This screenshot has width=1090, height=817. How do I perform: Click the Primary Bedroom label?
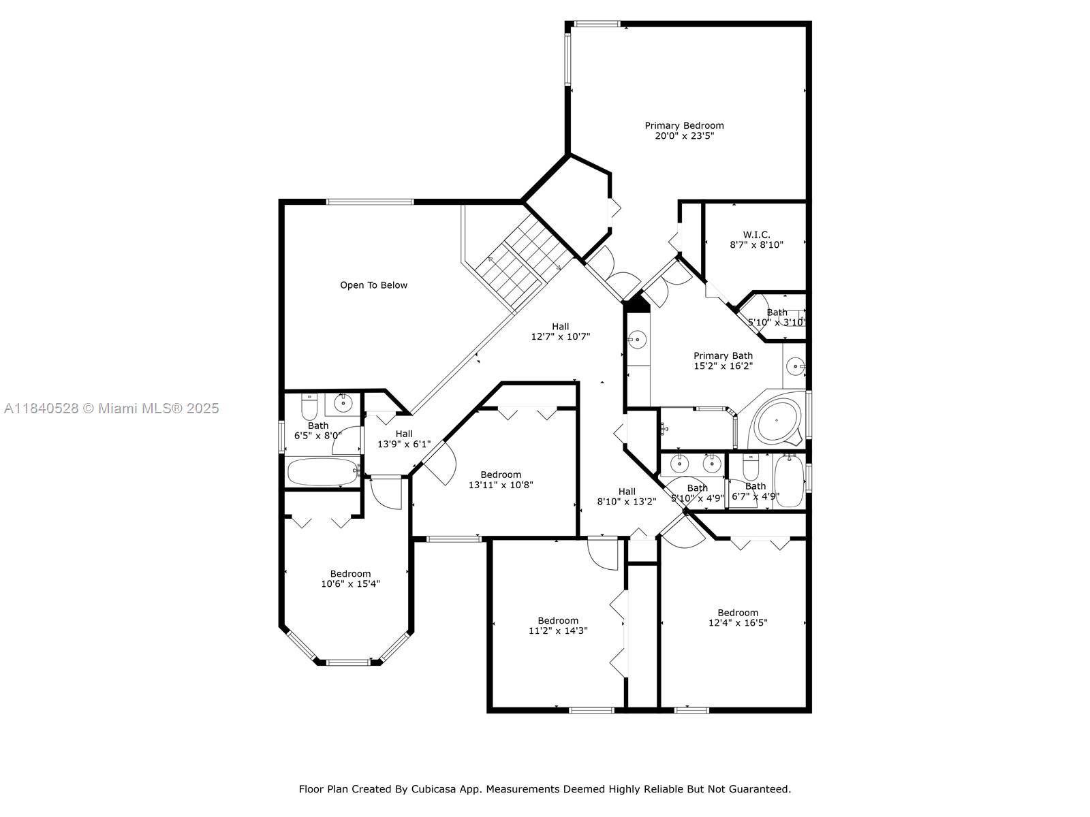point(684,125)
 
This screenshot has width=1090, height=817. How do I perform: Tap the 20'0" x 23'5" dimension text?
point(684,136)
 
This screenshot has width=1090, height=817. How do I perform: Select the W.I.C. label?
point(756,235)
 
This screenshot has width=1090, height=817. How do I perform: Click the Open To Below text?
point(373,285)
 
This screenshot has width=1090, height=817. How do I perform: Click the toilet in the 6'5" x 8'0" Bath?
point(309,406)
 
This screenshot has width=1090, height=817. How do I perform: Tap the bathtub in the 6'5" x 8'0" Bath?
point(323,472)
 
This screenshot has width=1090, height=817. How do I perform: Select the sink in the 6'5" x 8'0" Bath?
point(343,404)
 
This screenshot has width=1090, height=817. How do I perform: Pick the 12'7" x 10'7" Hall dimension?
point(560,336)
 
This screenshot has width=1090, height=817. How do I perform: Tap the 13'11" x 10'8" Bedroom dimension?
point(501,485)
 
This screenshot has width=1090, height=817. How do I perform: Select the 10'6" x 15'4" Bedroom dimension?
point(350,584)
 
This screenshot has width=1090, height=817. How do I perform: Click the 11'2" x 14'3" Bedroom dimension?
point(558,630)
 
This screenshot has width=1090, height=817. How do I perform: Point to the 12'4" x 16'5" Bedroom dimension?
point(738,622)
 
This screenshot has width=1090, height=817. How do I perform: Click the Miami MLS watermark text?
point(112,408)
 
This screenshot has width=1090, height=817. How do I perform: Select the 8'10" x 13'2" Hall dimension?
point(627,502)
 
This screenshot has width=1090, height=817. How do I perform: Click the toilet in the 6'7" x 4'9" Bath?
point(750,467)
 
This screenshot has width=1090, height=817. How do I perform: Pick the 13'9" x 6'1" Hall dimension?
point(404,444)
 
